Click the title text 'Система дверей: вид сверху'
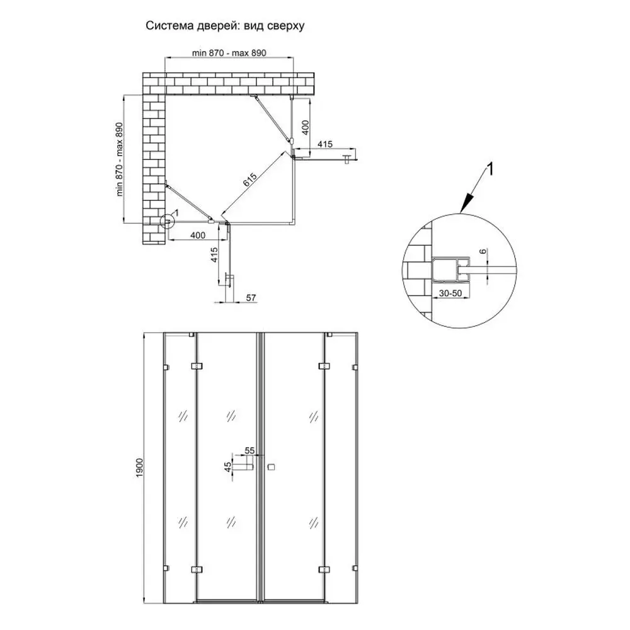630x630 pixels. click(x=226, y=26)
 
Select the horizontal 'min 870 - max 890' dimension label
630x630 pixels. click(x=229, y=53)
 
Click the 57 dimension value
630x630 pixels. click(x=251, y=297)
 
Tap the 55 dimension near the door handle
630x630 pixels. click(x=249, y=450)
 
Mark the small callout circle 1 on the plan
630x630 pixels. click(x=168, y=221)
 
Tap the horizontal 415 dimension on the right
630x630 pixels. click(x=325, y=144)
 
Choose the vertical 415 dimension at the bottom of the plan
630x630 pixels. click(x=214, y=255)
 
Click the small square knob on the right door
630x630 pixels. click(x=272, y=467)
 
